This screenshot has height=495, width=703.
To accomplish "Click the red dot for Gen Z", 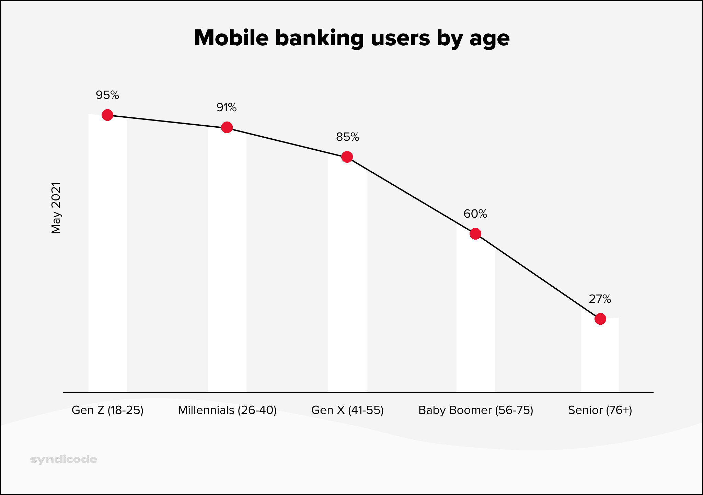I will click(107, 115).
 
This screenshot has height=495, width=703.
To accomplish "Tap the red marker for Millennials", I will click(227, 127).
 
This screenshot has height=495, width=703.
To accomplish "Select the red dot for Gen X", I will click(347, 157).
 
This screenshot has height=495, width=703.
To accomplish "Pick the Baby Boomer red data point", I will click(475, 234).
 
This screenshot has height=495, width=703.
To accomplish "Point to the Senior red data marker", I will click(600, 319).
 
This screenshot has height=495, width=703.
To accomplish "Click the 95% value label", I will click(107, 95).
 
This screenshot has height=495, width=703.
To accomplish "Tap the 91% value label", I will click(227, 107).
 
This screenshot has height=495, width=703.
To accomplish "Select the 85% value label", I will click(347, 137).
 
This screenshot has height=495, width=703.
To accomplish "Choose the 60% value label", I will click(475, 214).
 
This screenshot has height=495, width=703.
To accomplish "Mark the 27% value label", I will click(600, 299).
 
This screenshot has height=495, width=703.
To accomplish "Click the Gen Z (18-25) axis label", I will click(107, 410).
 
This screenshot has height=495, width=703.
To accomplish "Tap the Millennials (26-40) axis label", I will click(227, 410).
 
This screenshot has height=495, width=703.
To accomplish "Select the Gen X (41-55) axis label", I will click(347, 410).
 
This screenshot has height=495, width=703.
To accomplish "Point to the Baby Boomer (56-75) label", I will click(476, 410).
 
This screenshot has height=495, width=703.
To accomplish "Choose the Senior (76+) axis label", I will click(600, 410).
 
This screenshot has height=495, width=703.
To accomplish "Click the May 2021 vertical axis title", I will click(56, 208).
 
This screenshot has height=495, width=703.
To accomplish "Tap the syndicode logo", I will click(64, 459).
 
